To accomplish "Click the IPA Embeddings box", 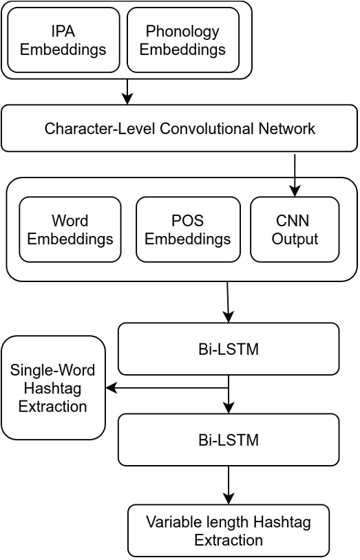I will click(x=63, y=40).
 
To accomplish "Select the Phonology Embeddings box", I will click(x=183, y=40).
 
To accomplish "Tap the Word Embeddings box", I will click(x=70, y=230).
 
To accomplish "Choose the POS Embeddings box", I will click(x=188, y=230).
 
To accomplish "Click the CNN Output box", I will click(x=295, y=230).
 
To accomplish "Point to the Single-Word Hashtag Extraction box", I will click(x=53, y=387).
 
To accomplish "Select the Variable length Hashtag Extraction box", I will click(x=229, y=530).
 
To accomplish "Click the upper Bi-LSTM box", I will click(x=229, y=349).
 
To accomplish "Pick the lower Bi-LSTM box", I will click(x=229, y=440).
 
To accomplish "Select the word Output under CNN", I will click(x=295, y=239).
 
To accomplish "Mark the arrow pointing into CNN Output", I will click(x=295, y=175).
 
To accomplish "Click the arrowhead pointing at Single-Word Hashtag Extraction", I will click(x=111, y=388).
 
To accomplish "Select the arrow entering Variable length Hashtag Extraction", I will click(x=229, y=486).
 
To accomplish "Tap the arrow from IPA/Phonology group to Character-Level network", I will click(x=127, y=92).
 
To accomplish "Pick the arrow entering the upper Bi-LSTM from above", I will click(x=228, y=303).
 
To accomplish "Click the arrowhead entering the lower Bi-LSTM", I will click(x=229, y=408).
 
